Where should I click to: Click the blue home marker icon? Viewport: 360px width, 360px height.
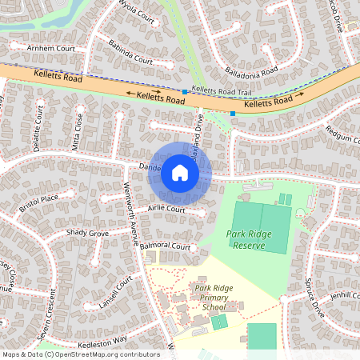pos(180,172)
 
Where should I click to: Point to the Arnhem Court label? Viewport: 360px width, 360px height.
pos(50,48)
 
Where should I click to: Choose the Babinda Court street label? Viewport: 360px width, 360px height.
pos(130,53)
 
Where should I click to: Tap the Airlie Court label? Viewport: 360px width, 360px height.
pos(166,210)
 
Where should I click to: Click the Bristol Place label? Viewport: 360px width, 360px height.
pos(40,203)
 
